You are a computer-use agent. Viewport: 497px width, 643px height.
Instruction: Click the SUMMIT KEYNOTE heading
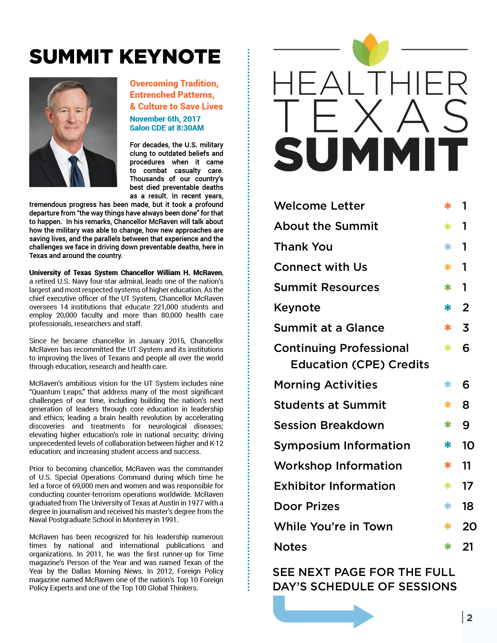pyautogui.click(x=125, y=57)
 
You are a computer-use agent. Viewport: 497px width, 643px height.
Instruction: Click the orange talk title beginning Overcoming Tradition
pyautogui.click(x=176, y=95)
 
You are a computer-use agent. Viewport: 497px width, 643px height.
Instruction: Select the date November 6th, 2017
pyautogui.click(x=165, y=119)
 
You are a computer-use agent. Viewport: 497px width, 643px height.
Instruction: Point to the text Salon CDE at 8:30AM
pyautogui.click(x=167, y=128)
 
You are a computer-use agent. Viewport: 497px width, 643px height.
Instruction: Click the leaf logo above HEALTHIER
pyautogui.click(x=370, y=50)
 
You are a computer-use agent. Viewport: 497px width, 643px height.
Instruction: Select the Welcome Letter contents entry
pyautogui.click(x=319, y=206)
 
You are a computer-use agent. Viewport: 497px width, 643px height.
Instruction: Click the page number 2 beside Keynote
pyautogui.click(x=465, y=307)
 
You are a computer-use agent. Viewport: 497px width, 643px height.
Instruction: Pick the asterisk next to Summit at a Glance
pyautogui.click(x=448, y=328)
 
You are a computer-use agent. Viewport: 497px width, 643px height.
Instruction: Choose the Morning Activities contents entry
pyautogui.click(x=325, y=385)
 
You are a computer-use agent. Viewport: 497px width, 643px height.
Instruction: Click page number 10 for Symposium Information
pyautogui.click(x=468, y=445)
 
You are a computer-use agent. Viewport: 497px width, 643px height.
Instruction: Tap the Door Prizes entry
pyautogui.click(x=307, y=506)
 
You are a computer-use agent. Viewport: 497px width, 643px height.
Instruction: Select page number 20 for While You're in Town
pyautogui.click(x=469, y=526)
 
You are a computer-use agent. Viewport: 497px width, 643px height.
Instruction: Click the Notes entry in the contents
pyautogui.click(x=290, y=547)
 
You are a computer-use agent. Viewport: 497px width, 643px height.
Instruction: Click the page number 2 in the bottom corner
pyautogui.click(x=470, y=618)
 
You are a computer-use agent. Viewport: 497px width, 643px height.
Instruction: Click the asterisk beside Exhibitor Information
pyautogui.click(x=448, y=486)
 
